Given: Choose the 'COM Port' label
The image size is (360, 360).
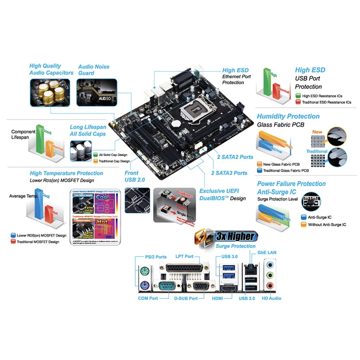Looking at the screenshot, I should tap(148, 299).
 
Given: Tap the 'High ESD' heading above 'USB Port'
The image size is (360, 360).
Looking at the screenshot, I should tap(310, 70).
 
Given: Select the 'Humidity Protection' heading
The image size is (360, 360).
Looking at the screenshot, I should tap(288, 116).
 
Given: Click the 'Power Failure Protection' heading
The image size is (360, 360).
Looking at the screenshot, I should tap(291, 184).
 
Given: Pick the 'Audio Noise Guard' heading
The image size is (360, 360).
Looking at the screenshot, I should tap(94, 70).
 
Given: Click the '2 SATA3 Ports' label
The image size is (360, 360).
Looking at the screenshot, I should tap(229, 173).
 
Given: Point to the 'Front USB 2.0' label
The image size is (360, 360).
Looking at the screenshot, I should tap(132, 176).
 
